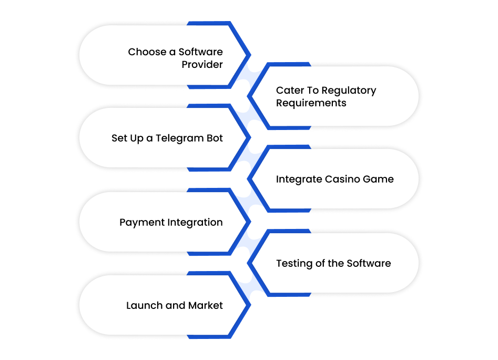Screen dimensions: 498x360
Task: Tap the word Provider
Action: pos(202,65)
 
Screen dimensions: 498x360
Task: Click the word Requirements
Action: pos(311,103)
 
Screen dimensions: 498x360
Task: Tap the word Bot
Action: pos(215,138)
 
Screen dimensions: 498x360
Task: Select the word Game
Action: pos(378,179)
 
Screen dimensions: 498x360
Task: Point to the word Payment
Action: pos(142,223)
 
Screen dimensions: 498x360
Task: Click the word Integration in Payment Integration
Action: pos(195,223)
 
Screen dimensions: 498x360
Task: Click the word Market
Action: pos(206,306)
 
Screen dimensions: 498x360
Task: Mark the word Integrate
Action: pos(299,179)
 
